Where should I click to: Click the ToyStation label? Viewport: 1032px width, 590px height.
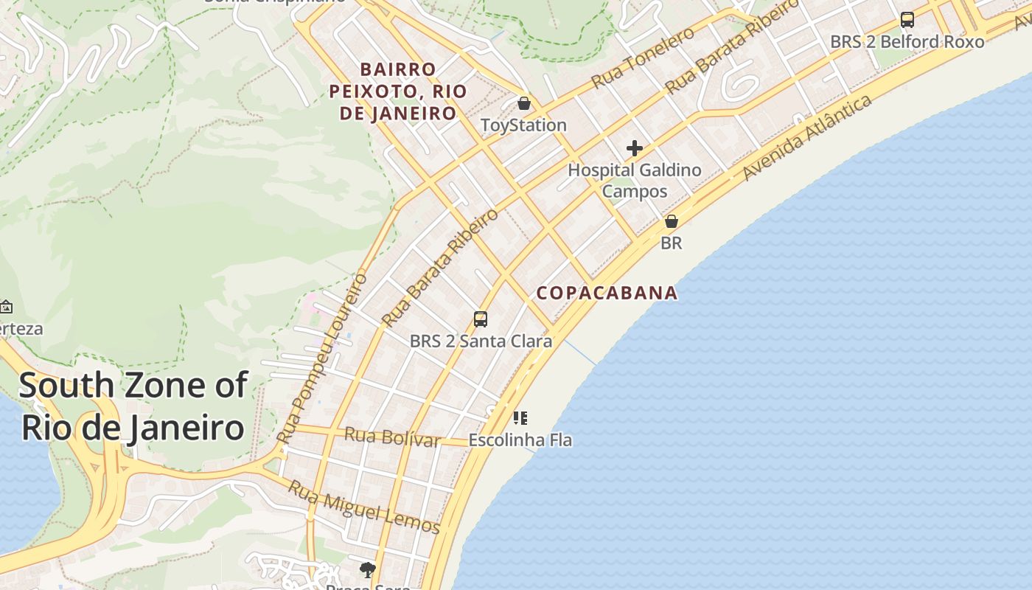[523, 125]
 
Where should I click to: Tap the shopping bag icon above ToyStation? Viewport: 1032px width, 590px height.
[523, 103]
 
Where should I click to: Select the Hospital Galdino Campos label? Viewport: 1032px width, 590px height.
[635, 181]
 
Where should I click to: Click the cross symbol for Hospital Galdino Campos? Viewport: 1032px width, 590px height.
[634, 149]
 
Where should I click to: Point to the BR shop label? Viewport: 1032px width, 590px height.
[671, 243]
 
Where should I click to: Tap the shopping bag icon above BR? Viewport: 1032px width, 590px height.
[671, 221]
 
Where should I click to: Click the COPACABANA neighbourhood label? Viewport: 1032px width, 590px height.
[607, 293]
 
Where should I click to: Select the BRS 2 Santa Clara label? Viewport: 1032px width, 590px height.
[481, 341]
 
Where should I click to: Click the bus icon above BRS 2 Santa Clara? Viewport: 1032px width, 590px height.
[481, 319]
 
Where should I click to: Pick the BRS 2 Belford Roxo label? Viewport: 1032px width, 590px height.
[907, 42]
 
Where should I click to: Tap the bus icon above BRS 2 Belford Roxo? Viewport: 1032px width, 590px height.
[907, 20]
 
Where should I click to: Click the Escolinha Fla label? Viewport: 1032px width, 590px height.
[520, 440]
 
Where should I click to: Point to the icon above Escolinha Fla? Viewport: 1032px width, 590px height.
[520, 418]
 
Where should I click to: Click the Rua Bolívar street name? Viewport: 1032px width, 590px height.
[392, 437]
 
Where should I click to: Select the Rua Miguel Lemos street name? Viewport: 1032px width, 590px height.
[363, 507]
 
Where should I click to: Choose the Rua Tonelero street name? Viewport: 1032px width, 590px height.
[643, 58]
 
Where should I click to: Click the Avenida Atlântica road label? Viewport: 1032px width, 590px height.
[807, 138]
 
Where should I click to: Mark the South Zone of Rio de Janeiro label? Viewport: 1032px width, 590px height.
[133, 406]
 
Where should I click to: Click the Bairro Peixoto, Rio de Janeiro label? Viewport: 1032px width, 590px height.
[398, 91]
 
